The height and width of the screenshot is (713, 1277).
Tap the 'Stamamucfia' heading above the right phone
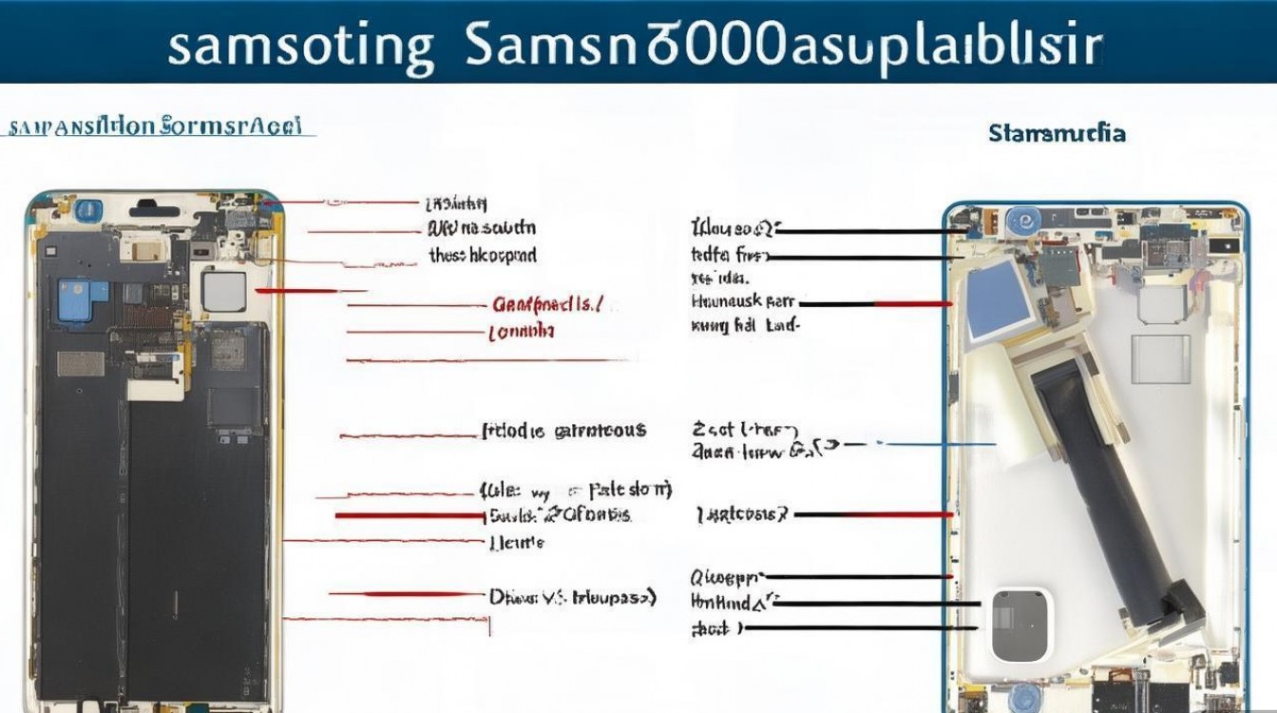click(x=1057, y=133)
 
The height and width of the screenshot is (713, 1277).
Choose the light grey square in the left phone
click(x=225, y=292)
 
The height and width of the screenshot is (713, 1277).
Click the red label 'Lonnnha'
click(x=522, y=332)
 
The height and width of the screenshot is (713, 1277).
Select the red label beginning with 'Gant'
click(x=546, y=305)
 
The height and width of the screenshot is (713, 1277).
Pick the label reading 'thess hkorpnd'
click(x=482, y=255)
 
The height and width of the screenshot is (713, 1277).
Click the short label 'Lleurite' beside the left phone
click(x=516, y=542)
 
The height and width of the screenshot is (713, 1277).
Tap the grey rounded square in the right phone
click(x=1021, y=625)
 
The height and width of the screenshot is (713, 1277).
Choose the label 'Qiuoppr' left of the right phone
click(x=726, y=576)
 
